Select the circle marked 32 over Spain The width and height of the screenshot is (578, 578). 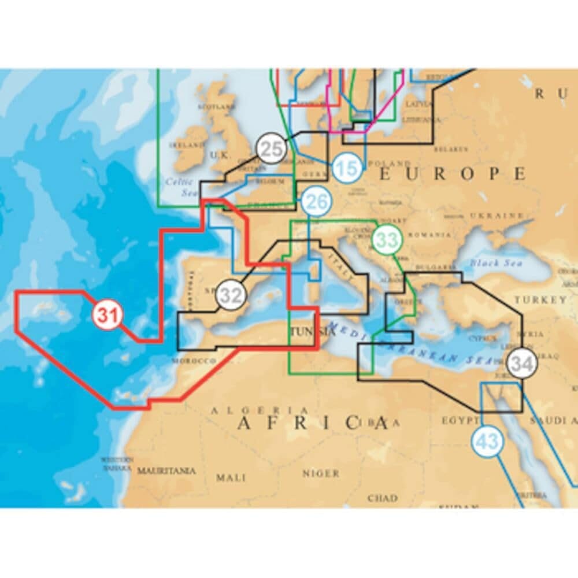click(x=231, y=295)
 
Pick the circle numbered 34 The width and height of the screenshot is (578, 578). click(x=522, y=365)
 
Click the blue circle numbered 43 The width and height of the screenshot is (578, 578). click(x=488, y=443)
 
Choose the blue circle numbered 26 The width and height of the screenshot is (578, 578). click(x=316, y=202)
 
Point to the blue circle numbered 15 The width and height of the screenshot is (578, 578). click(x=347, y=169)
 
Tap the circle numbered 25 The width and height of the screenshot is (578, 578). click(x=271, y=148)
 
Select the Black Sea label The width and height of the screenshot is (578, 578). click(x=491, y=262)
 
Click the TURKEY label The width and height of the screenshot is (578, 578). click(x=540, y=300)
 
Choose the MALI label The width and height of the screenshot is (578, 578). click(x=231, y=477)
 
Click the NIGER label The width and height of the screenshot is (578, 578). click(x=321, y=473)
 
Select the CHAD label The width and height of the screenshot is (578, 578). click(x=383, y=498)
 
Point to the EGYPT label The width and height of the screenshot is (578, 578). click(x=460, y=420)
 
